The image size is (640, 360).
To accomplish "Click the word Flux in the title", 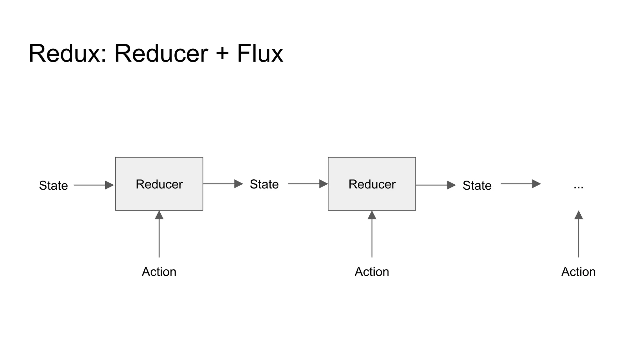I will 260,54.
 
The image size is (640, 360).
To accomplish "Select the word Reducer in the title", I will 161,54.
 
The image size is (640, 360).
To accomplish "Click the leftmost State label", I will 53,185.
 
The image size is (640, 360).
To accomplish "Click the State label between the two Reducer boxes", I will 264,184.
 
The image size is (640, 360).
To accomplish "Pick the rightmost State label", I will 477,185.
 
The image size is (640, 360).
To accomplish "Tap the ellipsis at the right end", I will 578,187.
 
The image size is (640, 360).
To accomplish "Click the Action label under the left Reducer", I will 159,272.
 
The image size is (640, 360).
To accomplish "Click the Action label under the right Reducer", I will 372,272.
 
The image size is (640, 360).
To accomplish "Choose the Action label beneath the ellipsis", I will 578,272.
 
